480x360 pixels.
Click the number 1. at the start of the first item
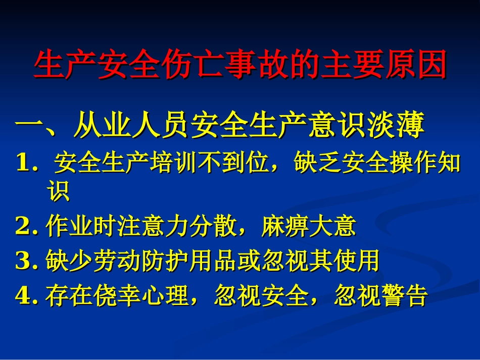pos(27,164)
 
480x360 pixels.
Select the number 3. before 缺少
pos(27,261)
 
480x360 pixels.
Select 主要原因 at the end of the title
pos(383,65)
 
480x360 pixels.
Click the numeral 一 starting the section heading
pos(28,127)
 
